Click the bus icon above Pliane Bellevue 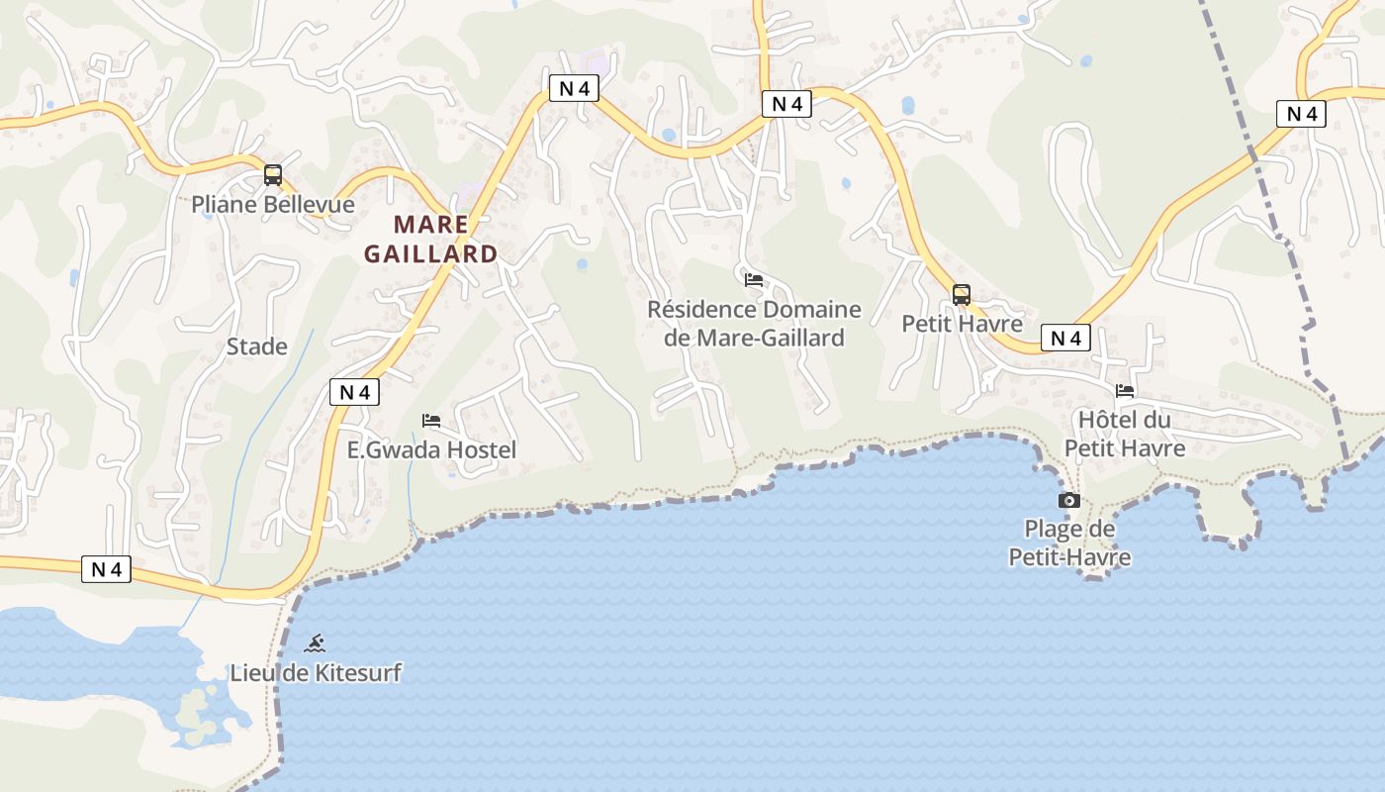tap(273, 175)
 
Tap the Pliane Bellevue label tap(273, 205)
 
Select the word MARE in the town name tap(430, 224)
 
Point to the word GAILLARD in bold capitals tap(430, 254)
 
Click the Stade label tap(257, 346)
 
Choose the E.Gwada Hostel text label tap(431, 449)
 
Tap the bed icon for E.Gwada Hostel tap(431, 421)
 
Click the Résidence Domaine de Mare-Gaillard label tap(754, 324)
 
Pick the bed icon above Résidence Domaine tap(754, 280)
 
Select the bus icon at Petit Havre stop tap(962, 294)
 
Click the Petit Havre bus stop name tap(962, 324)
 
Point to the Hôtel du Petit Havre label tap(1125, 434)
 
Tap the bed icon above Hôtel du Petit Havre tap(1125, 391)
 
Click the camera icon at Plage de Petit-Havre tap(1069, 500)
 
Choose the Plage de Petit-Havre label tap(1069, 544)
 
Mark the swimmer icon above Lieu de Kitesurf tap(316, 643)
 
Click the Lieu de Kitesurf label tap(316, 673)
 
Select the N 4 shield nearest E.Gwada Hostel tap(354, 392)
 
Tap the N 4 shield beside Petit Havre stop tap(1064, 339)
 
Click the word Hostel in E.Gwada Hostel tap(482, 449)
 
